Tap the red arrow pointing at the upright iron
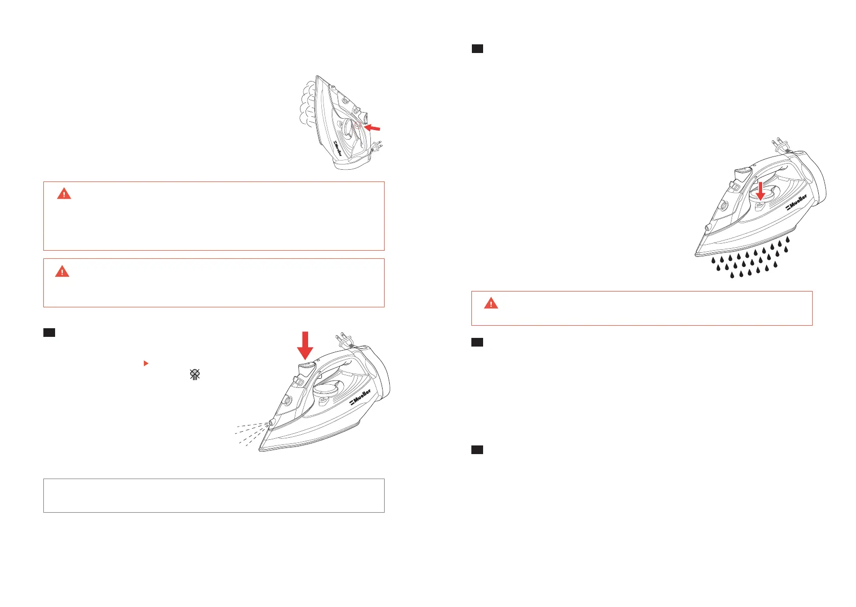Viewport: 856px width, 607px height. (372, 127)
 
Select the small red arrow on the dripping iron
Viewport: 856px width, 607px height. (761, 191)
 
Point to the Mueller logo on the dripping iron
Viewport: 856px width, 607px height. (796, 202)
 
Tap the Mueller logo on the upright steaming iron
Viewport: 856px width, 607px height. (338, 148)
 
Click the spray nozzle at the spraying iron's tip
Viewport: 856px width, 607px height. (271, 423)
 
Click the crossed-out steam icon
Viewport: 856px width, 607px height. (195, 374)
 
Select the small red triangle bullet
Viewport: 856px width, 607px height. (146, 363)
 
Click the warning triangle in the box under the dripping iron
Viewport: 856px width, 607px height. (491, 303)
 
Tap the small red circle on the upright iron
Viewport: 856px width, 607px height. (358, 125)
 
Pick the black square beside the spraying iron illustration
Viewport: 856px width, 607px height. (49, 332)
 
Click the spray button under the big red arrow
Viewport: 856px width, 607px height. (307, 369)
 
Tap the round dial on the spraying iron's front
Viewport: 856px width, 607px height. (287, 401)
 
